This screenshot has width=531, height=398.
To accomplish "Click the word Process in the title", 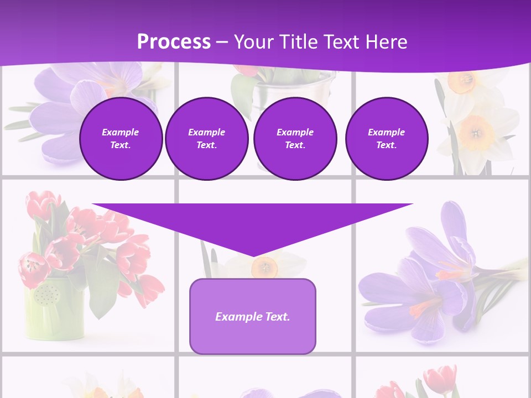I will tap(174, 42).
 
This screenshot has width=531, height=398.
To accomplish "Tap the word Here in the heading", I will tap(387, 42).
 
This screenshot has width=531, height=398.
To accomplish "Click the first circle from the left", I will tap(121, 139).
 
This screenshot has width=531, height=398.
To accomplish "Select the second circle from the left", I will tap(206, 139).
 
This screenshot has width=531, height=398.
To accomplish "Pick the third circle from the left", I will tap(295, 139).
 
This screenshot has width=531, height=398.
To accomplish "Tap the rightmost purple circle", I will tap(386, 139).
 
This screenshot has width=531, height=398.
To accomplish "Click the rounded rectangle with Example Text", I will tap(252, 316).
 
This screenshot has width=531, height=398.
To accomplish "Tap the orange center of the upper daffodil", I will tap(460, 82).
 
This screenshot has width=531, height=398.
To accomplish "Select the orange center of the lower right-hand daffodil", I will tap(475, 133).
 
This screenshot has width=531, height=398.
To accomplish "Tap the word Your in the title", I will tap(253, 42).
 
